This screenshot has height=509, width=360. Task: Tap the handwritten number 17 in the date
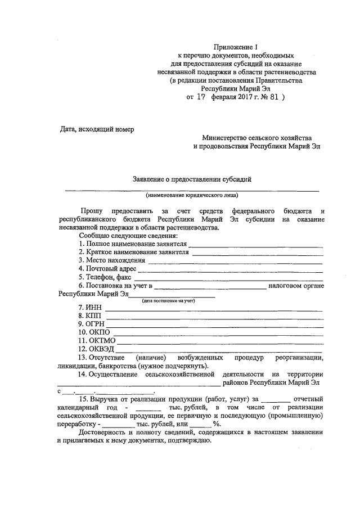(x=200, y=97)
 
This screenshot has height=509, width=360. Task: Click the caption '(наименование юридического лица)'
(x=191, y=196)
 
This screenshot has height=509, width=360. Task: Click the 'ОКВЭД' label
(x=96, y=349)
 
